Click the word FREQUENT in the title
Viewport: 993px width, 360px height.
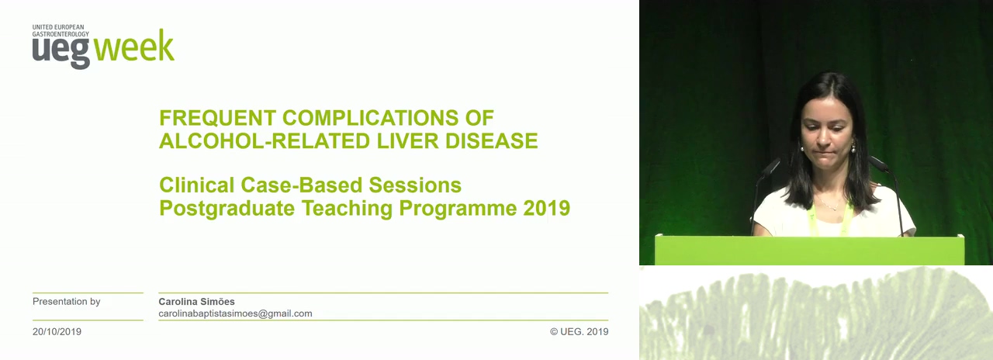coord(217,118)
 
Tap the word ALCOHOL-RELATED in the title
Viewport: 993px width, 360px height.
coord(265,141)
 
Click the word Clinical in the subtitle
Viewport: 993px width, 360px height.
coord(196,185)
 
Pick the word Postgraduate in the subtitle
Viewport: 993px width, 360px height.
coord(227,209)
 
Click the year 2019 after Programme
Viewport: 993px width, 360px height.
coord(547,209)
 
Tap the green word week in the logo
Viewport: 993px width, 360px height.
coord(134,46)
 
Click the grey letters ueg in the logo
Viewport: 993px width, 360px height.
coord(61,51)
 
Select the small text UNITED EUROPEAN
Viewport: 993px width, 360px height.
coord(58,27)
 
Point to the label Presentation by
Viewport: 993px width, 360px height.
coord(67,302)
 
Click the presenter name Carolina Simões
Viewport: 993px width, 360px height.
coord(196,302)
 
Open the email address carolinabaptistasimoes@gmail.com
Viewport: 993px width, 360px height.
coord(235,313)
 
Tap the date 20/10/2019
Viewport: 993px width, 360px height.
coord(57,331)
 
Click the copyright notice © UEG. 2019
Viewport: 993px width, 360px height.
coord(579,331)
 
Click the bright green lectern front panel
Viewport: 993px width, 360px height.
coord(809,251)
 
